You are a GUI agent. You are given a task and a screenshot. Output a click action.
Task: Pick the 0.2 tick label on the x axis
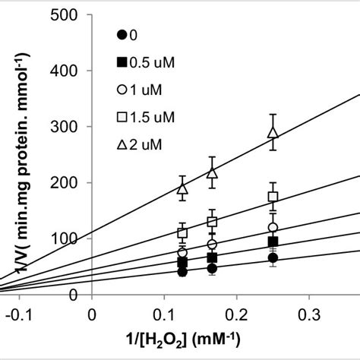[x=237, y=314]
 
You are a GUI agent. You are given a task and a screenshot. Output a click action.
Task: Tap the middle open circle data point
[x=212, y=244]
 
